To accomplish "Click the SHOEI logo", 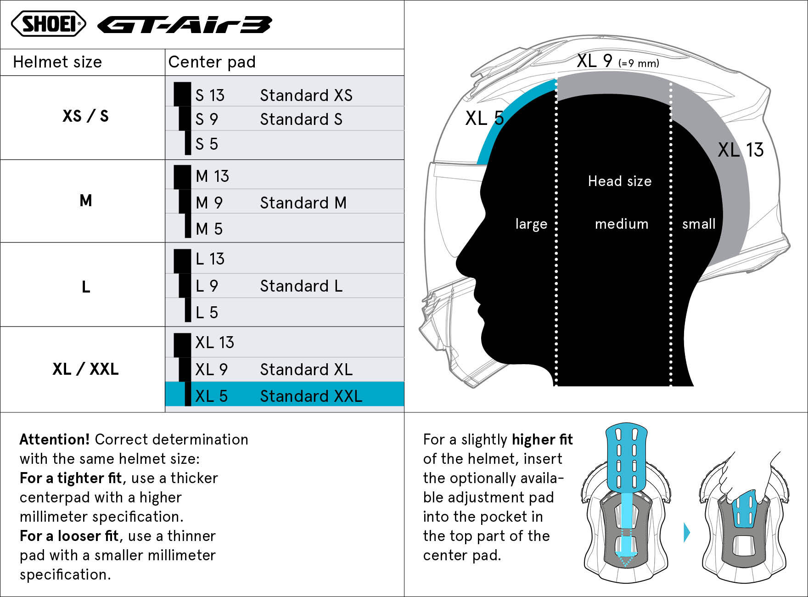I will click(48, 23).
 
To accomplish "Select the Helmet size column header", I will click(57, 62).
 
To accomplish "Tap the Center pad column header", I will click(212, 62).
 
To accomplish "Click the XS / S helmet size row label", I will click(85, 116).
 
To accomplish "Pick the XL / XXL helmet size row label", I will click(85, 369).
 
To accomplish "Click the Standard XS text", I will click(306, 95).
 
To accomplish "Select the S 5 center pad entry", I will click(207, 144).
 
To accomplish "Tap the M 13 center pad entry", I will click(212, 176).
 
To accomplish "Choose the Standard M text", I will click(303, 203).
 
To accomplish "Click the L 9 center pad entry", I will click(207, 286).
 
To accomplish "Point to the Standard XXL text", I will click(311, 396).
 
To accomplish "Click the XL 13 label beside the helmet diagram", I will click(741, 150).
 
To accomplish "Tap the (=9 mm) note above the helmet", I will click(639, 63).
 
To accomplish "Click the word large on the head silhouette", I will click(531, 224).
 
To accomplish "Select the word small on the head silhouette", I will click(699, 224).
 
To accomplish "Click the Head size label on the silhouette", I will click(620, 181).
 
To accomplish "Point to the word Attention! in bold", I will click(55, 439).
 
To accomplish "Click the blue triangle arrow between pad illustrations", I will click(687, 532).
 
